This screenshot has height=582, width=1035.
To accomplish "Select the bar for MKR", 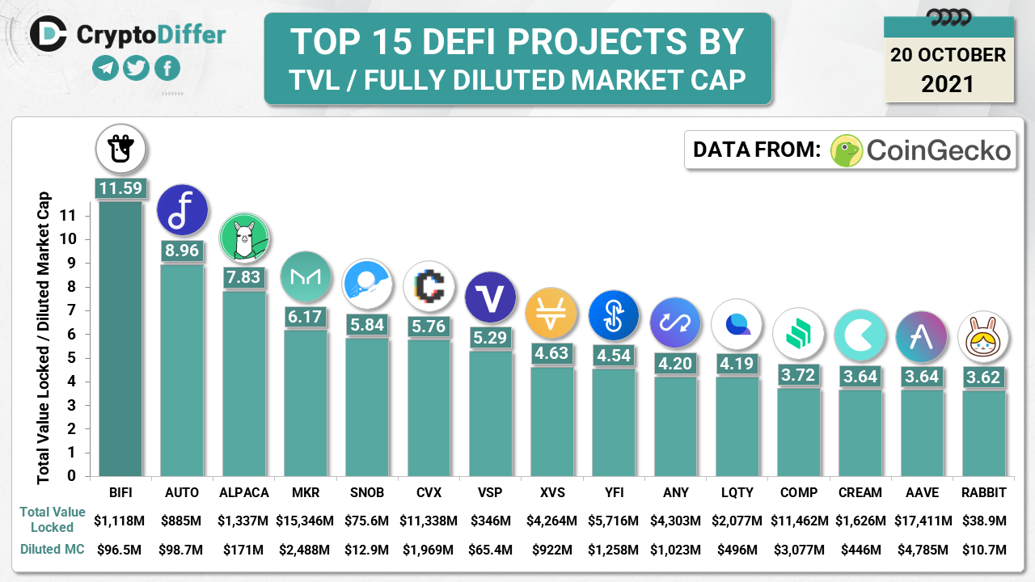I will coord(306,404).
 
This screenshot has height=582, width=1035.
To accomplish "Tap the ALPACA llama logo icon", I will coord(244,238).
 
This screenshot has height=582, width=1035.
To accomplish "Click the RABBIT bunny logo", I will coord(983,338).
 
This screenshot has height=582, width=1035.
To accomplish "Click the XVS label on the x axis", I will coord(552,492).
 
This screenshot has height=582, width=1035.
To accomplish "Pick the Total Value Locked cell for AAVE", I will coord(922,520).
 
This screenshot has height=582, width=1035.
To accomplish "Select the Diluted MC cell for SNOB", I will coord(367,550).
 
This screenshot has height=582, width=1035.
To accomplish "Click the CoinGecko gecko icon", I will coord(847,150).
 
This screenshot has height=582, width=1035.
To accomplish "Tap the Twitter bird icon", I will coord(136,69).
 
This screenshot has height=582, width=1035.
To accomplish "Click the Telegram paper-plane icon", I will coord(105,69).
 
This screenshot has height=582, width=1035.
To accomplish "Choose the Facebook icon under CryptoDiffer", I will coord(167,69).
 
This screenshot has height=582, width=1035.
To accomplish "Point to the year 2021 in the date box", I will coord(948,83).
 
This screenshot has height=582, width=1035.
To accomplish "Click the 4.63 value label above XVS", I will coord(551,353).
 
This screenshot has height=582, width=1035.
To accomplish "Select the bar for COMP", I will coord(798,432).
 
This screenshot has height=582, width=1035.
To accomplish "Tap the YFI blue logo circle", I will coord(614,315).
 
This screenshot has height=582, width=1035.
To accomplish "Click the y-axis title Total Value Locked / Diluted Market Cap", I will coord(43,338).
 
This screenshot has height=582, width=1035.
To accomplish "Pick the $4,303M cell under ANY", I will coord(675,520).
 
